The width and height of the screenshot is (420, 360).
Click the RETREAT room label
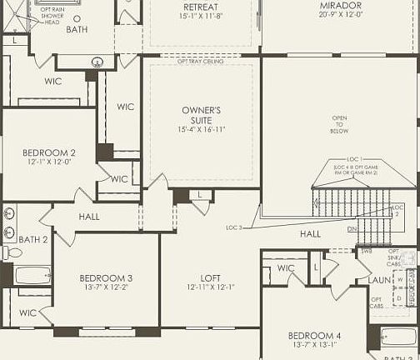[200, 7]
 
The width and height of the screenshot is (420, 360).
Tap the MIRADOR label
[340, 6]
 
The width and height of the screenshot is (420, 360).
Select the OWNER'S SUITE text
[201, 115]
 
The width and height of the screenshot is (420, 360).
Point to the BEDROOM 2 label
[49, 152]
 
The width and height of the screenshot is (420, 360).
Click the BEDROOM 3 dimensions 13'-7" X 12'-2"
[106, 288]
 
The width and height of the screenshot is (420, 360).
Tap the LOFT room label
[210, 277]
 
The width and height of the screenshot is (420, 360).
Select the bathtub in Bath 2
[32, 276]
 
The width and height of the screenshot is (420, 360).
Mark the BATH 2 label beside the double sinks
[33, 239]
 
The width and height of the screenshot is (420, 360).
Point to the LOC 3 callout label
[234, 227]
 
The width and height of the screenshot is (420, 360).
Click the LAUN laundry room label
[379, 280]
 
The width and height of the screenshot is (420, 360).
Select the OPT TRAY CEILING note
[200, 61]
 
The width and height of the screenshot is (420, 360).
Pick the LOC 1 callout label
[354, 158]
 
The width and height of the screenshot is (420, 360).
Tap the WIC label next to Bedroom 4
[286, 268]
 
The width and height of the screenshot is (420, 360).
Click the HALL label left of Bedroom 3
[89, 217]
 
